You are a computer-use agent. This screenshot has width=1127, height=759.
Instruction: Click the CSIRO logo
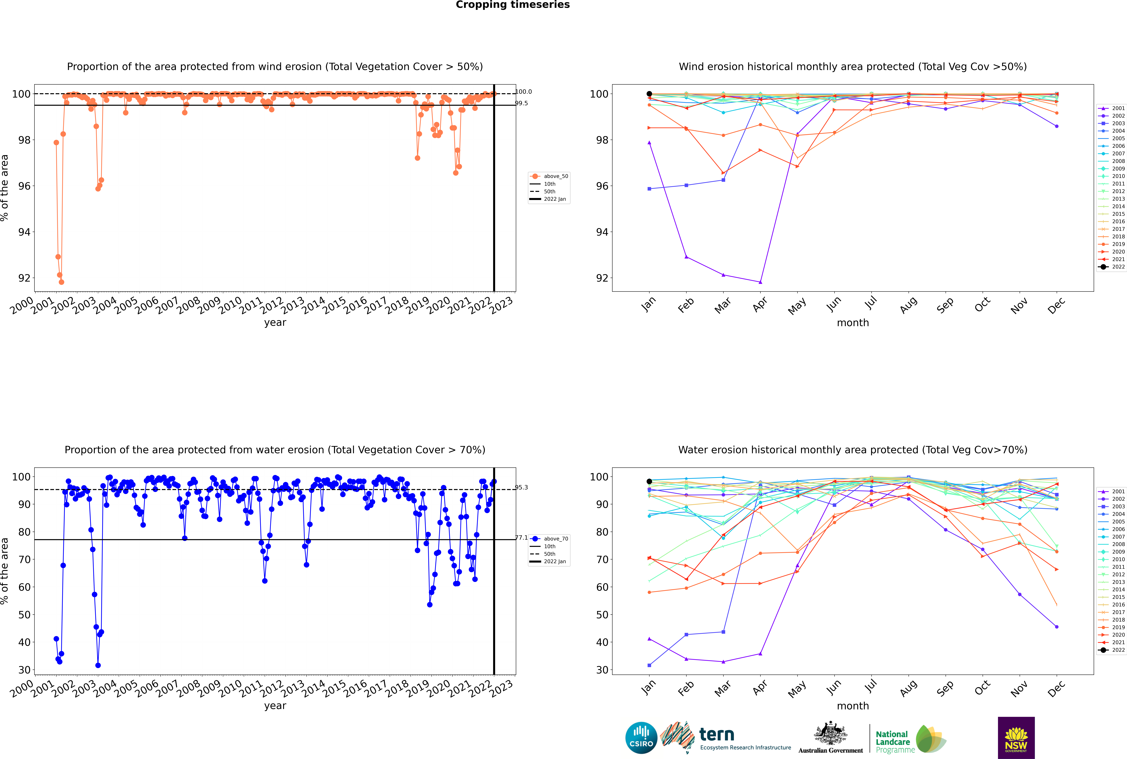coord(641,738)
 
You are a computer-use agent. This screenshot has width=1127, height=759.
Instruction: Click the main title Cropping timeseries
coord(513,5)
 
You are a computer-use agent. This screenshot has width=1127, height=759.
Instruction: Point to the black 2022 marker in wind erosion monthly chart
coord(649,94)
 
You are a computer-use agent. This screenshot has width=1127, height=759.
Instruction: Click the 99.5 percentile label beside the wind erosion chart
coord(521,103)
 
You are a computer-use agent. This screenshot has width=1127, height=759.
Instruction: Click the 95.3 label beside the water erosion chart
coord(521,487)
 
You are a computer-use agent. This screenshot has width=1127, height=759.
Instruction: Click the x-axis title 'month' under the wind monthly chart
coord(853,323)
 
